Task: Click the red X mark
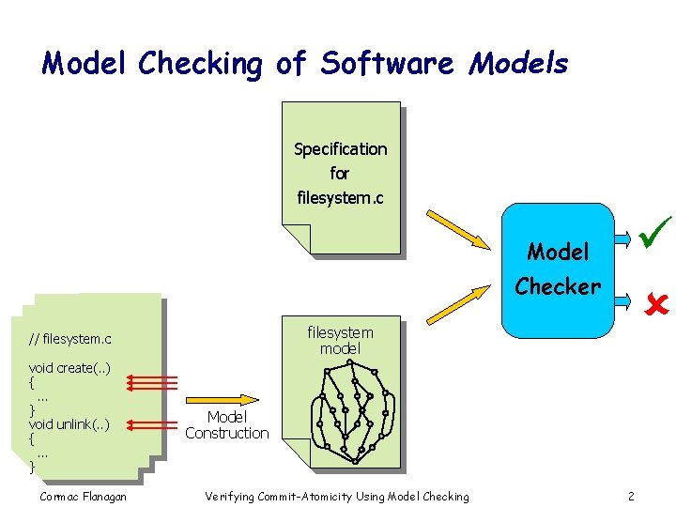[x=653, y=302]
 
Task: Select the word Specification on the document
[x=340, y=149]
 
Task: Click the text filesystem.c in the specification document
[x=340, y=198]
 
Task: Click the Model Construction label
[x=226, y=425]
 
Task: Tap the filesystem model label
[x=340, y=340]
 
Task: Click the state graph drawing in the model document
[x=348, y=413]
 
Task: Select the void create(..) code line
[x=69, y=367]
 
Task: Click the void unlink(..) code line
[x=69, y=423]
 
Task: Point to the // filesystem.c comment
[x=69, y=338]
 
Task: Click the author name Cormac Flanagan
[x=84, y=496]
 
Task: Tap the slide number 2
[x=631, y=496]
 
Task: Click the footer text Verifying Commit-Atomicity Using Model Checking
[x=336, y=496]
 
